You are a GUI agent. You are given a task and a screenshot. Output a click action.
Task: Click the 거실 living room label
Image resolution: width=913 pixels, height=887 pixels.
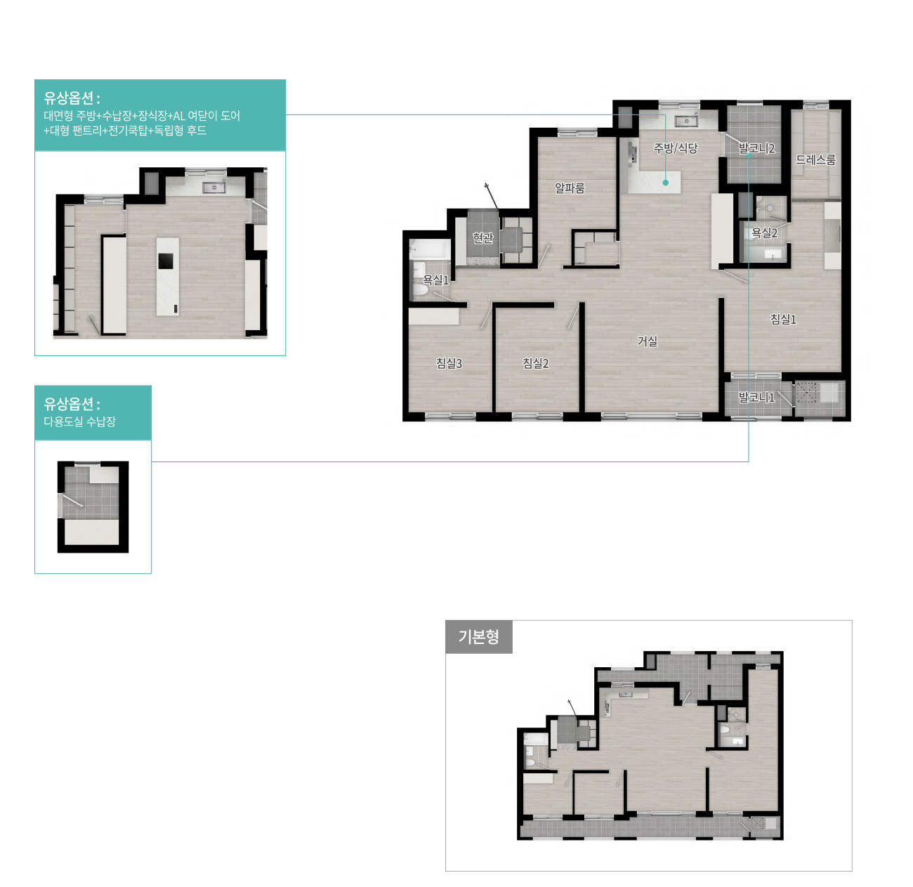click(x=647, y=341)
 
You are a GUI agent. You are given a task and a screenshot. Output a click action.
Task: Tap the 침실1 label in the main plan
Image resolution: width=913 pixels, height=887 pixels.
click(x=783, y=320)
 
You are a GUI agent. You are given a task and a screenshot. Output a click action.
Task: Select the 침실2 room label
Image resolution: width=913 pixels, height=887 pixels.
click(x=535, y=363)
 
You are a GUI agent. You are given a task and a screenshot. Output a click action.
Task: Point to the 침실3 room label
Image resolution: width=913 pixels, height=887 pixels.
click(x=449, y=363)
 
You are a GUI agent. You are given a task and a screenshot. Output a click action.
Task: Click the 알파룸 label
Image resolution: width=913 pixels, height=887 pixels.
click(x=570, y=188)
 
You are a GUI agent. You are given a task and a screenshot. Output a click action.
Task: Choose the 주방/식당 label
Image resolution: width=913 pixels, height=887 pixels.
click(x=676, y=148)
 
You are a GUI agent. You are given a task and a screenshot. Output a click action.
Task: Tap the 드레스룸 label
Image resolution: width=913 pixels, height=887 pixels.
click(x=815, y=160)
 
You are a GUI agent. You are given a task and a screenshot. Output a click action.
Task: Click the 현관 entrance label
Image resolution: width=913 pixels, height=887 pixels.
click(x=482, y=238)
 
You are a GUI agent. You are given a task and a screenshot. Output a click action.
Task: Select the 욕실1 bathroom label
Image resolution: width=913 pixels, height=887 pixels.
click(x=436, y=280)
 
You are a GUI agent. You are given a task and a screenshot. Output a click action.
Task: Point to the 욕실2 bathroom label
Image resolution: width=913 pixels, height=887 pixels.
click(x=764, y=232)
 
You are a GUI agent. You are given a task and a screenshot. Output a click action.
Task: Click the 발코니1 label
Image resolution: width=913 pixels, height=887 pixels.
click(x=756, y=397)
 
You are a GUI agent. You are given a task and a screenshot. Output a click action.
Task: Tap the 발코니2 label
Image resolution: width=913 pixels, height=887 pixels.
click(x=756, y=149)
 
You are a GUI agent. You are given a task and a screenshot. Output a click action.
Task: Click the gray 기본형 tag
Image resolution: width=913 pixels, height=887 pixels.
click(x=478, y=636)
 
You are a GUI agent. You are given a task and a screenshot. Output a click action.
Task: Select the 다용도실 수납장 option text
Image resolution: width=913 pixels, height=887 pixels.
click(x=79, y=421)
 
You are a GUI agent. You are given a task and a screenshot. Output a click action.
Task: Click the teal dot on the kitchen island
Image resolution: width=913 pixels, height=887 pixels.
click(x=665, y=183)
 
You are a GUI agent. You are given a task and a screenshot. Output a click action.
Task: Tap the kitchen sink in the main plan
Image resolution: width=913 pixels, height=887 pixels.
click(x=686, y=121)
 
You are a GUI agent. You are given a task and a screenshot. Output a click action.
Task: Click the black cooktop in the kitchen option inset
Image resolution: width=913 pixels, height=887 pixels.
click(x=165, y=261)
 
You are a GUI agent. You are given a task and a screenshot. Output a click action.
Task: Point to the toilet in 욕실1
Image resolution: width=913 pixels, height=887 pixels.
click(x=419, y=286)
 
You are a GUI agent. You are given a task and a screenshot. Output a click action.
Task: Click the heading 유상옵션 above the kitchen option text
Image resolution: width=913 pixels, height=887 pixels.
click(x=72, y=98)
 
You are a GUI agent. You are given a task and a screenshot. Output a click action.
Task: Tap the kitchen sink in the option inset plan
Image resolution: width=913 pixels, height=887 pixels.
click(x=214, y=188)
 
